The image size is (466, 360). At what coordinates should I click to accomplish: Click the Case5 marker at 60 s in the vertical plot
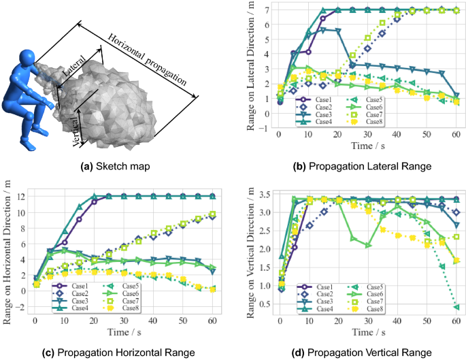coord(456,307)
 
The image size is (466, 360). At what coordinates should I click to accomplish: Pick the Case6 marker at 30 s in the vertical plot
coord(367,245)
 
